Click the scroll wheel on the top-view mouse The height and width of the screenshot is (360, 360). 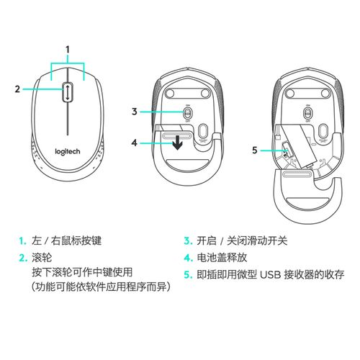click(x=67, y=90)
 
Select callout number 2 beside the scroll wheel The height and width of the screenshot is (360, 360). click(x=17, y=89)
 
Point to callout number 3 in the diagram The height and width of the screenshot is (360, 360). click(x=134, y=112)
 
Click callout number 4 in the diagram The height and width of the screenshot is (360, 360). click(x=134, y=142)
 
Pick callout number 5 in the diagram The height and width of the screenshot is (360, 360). click(x=253, y=150)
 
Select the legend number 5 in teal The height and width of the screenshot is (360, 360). click(x=186, y=274)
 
